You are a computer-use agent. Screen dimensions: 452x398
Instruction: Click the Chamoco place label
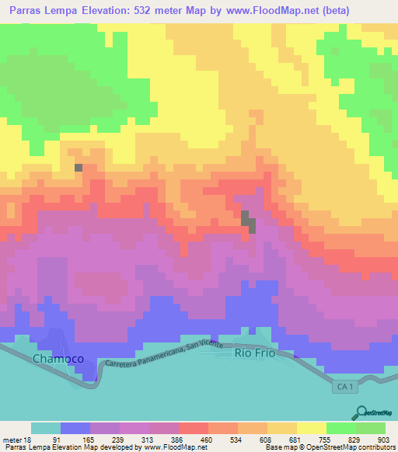[x=58, y=358]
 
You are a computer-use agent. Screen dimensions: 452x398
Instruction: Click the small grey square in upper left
[x=78, y=167]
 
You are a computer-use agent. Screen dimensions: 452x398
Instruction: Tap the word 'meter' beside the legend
[x=11, y=440]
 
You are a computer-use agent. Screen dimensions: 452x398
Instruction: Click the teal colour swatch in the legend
[x=46, y=428]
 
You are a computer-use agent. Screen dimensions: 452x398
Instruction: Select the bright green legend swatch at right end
[x=371, y=428]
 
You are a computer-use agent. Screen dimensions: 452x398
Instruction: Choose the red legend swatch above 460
[x=193, y=428]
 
